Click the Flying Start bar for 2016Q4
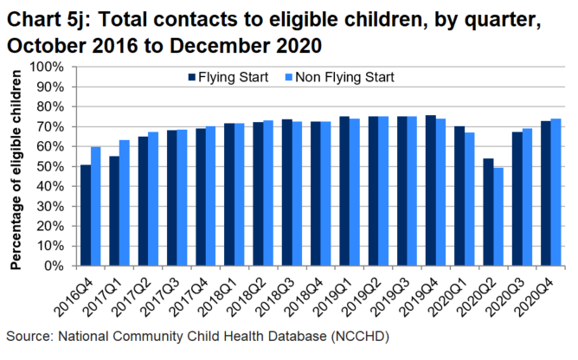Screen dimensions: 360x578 [x=86, y=215]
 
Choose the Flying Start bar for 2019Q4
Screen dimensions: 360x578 [x=430, y=190]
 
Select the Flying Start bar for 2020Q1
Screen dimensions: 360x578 [x=459, y=196]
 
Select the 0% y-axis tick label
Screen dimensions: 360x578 [x=53, y=266]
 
